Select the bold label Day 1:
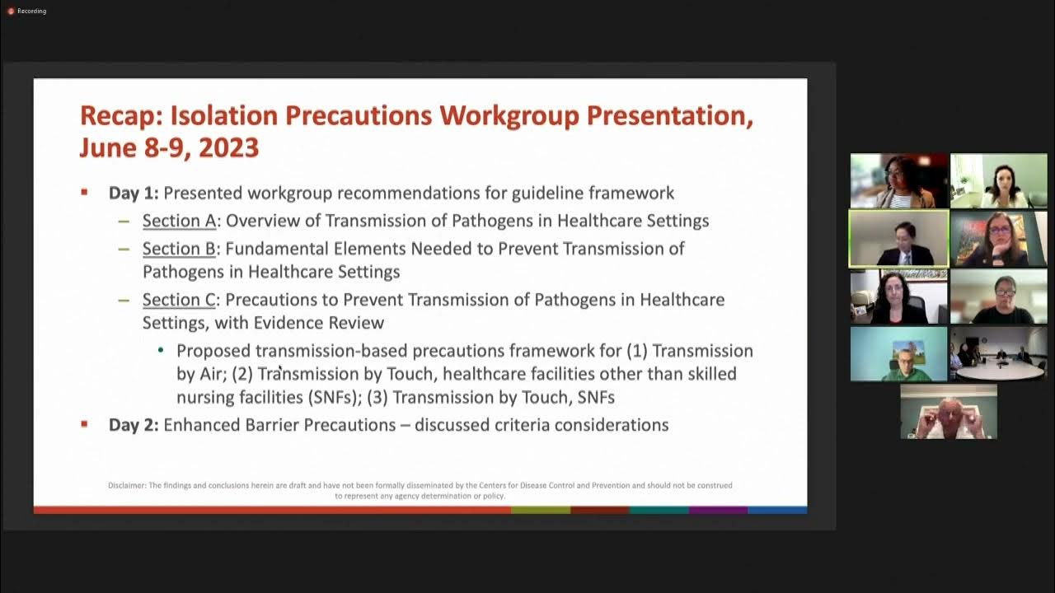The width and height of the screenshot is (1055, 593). (134, 194)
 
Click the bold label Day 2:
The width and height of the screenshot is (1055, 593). (134, 425)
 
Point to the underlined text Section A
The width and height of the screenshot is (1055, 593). (179, 221)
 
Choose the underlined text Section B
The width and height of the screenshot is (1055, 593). (179, 249)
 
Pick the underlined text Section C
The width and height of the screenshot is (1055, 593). (179, 300)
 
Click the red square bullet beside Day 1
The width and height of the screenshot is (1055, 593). (84, 193)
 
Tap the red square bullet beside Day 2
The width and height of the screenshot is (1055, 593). (84, 424)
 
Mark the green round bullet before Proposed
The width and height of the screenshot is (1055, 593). (161, 350)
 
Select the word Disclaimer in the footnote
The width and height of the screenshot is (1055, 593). (126, 485)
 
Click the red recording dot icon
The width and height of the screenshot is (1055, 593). (11, 11)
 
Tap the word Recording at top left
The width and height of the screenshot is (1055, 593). (31, 11)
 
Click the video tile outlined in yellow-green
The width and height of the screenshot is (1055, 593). (898, 239)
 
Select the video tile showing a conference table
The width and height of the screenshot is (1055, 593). (998, 354)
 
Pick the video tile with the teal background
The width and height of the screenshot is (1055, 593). (898, 354)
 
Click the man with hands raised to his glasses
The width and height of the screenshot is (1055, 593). (948, 412)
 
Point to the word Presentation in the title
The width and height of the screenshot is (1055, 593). (669, 116)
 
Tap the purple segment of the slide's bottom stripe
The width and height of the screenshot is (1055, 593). (718, 511)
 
